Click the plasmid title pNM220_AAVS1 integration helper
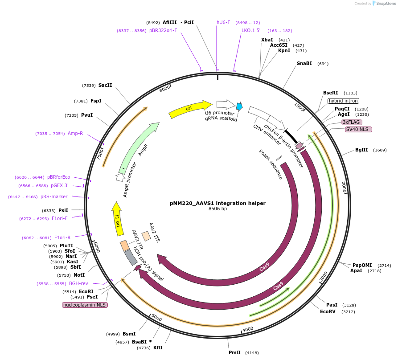tap(217, 203)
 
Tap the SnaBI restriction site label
tap(304, 63)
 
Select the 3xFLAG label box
tap(352, 122)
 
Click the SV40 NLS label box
tap(358, 129)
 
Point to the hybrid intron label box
tap(343, 101)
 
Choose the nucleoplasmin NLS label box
tap(85, 305)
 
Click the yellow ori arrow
tap(190, 109)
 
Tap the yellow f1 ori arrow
tap(117, 219)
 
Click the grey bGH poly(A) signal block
tap(130, 257)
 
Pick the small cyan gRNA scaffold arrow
tap(239, 106)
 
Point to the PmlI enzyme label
tap(234, 352)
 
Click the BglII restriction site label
tap(361, 150)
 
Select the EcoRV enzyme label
tap(328, 311)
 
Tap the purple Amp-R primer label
tap(75, 133)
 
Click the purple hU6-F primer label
tap(223, 22)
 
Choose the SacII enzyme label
tap(105, 85)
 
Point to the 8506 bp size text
tap(217, 209)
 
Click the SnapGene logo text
tap(386, 4)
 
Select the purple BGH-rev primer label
tap(78, 283)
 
